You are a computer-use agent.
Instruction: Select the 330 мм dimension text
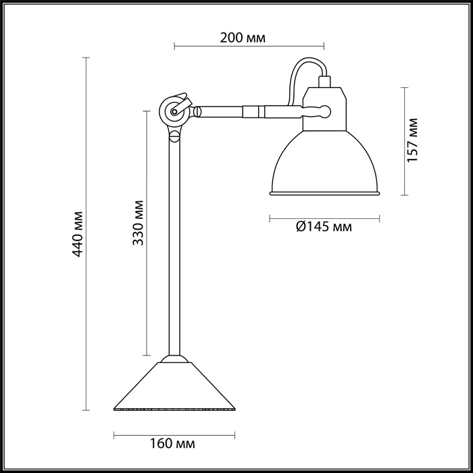(x=137, y=222)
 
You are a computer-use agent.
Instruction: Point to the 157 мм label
(x=414, y=140)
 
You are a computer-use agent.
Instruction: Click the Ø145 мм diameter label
(x=323, y=227)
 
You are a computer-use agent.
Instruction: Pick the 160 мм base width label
(x=172, y=444)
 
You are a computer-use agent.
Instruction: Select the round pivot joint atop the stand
(x=174, y=111)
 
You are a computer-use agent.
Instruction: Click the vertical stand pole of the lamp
(x=175, y=243)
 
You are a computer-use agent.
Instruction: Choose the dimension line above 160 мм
(x=174, y=432)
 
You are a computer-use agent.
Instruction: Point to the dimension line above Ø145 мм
(x=324, y=218)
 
